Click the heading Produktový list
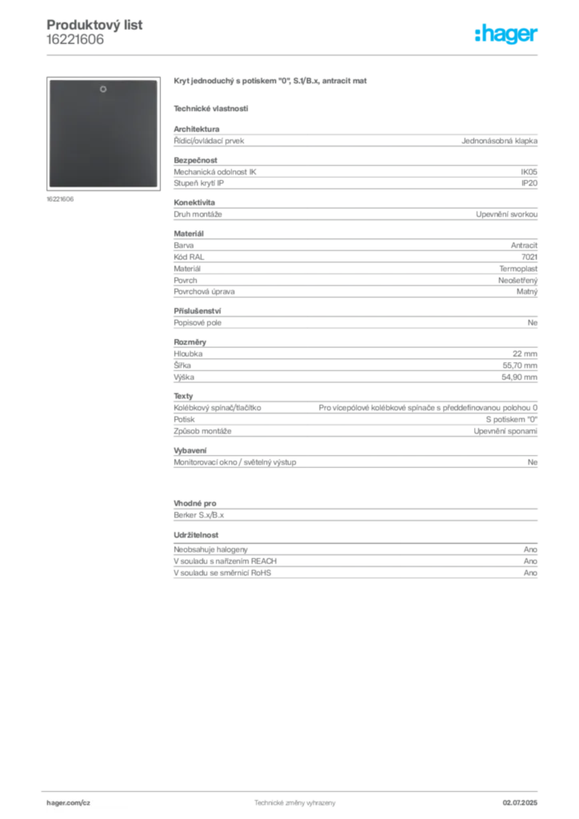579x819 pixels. click(x=94, y=25)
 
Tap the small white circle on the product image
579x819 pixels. click(x=103, y=90)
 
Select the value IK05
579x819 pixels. click(x=529, y=172)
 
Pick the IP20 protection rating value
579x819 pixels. click(x=529, y=183)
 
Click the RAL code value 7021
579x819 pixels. click(x=529, y=257)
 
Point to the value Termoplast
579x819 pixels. click(x=518, y=269)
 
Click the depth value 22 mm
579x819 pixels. click(x=525, y=354)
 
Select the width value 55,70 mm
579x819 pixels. click(x=520, y=366)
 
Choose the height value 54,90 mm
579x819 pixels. click(x=520, y=378)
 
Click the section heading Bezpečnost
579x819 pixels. click(x=195, y=160)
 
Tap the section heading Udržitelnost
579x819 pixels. click(x=196, y=535)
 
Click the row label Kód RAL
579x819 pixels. click(x=189, y=257)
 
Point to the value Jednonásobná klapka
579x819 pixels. click(x=499, y=141)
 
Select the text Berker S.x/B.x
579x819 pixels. click(x=199, y=515)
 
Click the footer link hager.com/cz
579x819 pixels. click(x=69, y=803)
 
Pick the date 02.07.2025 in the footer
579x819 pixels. click(x=520, y=803)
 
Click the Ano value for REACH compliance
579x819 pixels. click(x=530, y=561)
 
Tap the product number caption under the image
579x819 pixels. click(x=60, y=199)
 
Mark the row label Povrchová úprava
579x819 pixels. click(x=204, y=292)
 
